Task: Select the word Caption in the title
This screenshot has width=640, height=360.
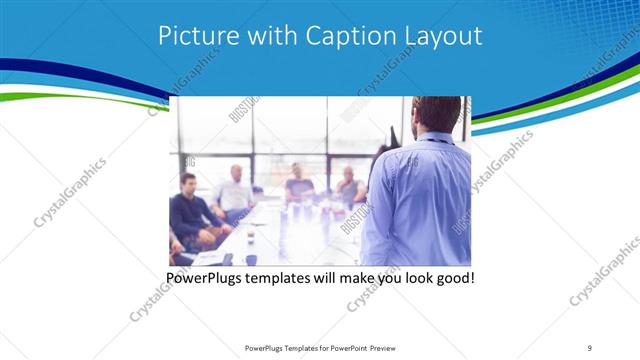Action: coord(342,36)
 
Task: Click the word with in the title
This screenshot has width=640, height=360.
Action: coord(266,36)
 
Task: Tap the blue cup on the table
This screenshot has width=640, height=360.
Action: coord(251,259)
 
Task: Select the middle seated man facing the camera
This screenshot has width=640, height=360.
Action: coord(297,183)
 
